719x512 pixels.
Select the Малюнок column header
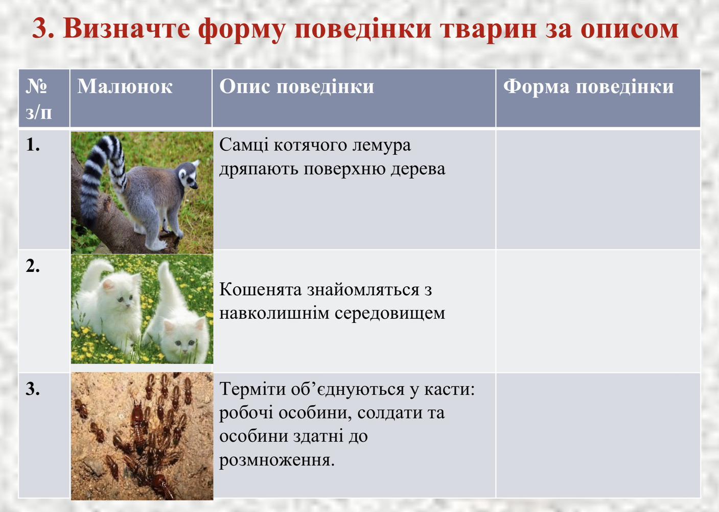125,87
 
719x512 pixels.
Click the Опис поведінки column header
296,87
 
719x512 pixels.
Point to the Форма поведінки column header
588,87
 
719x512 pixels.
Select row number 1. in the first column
33,145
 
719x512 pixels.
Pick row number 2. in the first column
33,266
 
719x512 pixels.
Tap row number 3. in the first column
33,389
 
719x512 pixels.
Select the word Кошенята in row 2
261,290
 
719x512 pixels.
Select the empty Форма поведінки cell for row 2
598,311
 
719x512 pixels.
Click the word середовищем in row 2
390,314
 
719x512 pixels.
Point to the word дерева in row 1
418,170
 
